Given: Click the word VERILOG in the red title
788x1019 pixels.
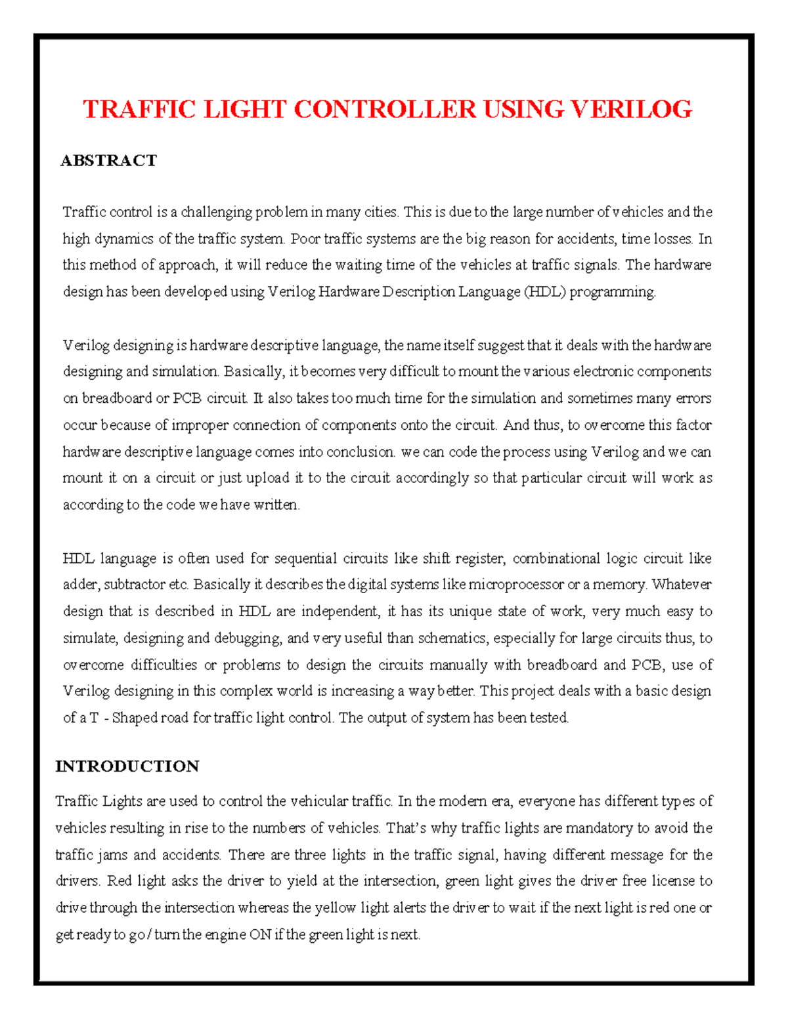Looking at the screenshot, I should click(630, 109).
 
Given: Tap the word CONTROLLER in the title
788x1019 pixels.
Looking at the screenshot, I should click(385, 109).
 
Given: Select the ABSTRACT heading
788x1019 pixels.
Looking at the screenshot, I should click(108, 161).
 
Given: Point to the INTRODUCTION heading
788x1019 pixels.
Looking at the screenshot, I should click(127, 766).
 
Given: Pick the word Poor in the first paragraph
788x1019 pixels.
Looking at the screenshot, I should click(305, 239).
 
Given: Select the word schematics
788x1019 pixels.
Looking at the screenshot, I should click(452, 638).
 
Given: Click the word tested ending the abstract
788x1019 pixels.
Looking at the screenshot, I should click(549, 718).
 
